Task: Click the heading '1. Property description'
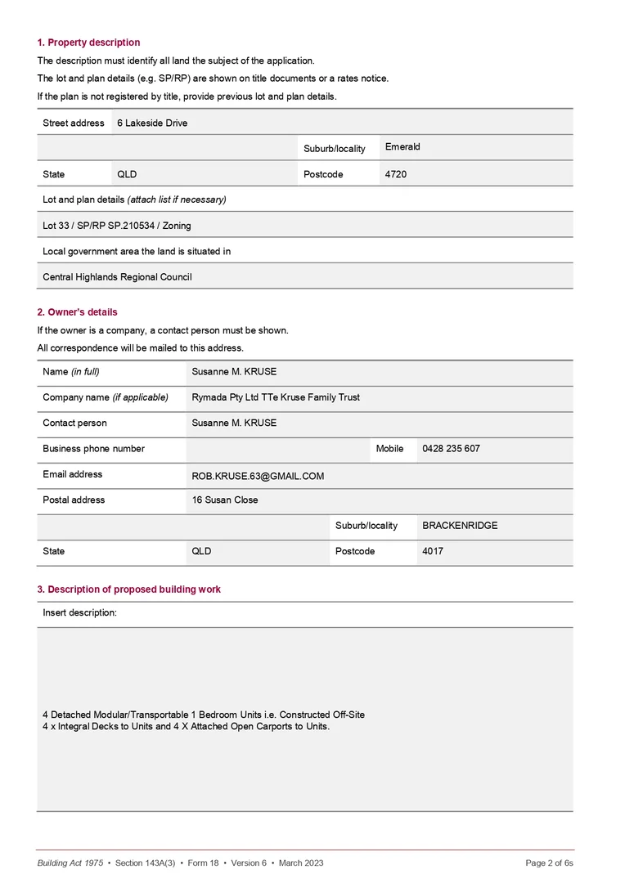click(88, 43)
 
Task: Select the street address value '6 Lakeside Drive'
click(152, 123)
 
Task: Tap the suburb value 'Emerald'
click(402, 147)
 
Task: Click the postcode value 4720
click(396, 175)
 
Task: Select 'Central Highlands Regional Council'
click(117, 277)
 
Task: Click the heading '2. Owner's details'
click(77, 312)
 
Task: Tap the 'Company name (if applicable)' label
click(106, 397)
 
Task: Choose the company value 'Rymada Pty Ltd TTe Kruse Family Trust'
click(276, 397)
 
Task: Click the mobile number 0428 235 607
click(451, 449)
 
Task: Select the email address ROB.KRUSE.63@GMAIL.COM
click(258, 476)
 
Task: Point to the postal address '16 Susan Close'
click(225, 500)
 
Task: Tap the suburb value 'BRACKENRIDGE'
click(460, 526)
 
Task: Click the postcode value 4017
click(433, 552)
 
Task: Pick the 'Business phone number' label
click(93, 449)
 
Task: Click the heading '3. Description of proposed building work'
click(128, 589)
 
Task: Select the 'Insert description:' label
click(79, 612)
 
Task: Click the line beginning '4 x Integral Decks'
click(186, 727)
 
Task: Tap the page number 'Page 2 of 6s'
click(549, 863)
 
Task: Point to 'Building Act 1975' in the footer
click(70, 863)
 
